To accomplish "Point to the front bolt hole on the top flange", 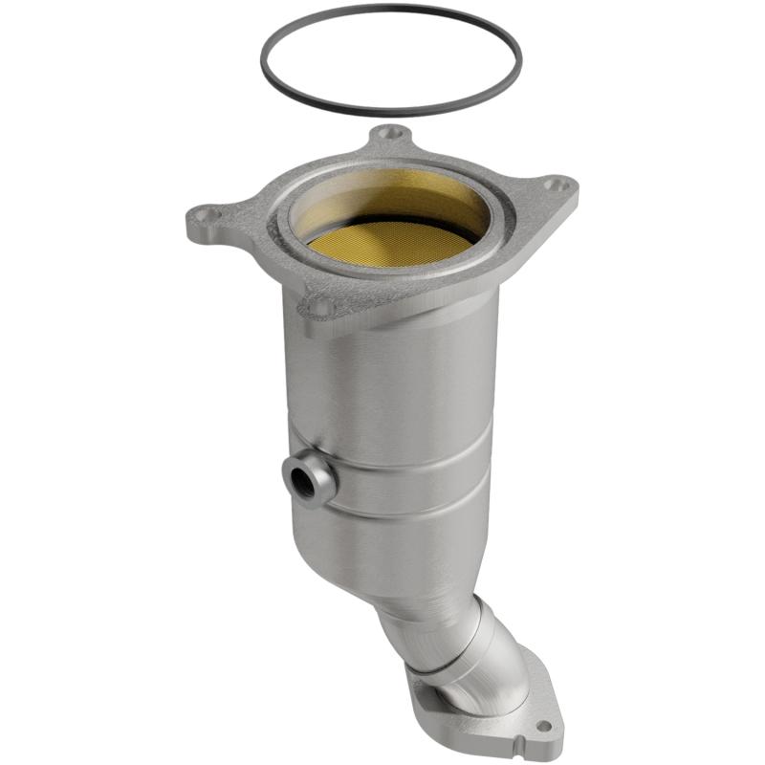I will pyautogui.click(x=318, y=307).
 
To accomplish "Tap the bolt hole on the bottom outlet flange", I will pyautogui.click(x=543, y=727).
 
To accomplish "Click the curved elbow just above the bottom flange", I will pyautogui.click(x=492, y=660).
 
